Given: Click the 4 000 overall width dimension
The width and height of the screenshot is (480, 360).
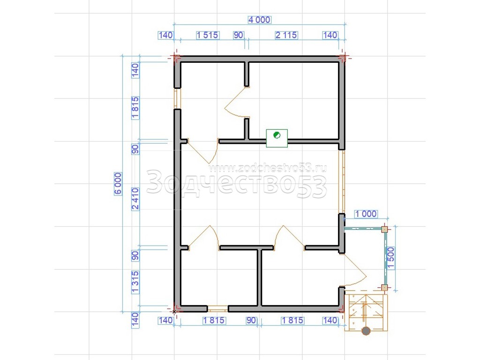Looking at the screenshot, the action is pos(259,20).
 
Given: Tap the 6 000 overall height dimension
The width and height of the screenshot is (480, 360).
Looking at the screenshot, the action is pos(118,184).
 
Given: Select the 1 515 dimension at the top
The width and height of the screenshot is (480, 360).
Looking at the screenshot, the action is pos(207,35).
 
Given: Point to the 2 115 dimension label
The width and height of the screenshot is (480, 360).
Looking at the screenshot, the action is pos(286,35).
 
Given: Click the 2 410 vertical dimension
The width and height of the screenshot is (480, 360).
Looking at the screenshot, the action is pos(135,199).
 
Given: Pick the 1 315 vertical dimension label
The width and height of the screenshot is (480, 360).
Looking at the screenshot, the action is pos(135,282).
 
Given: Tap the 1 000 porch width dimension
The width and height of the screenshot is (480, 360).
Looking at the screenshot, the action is pos(366,214).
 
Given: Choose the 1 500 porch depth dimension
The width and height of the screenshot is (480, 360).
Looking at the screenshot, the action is pos(391,258).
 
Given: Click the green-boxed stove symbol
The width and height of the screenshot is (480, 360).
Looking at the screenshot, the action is pos(277,138).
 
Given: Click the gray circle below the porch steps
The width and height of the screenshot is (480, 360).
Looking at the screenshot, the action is pos(366,331).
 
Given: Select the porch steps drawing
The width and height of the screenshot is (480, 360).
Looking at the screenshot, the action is pos(366,313).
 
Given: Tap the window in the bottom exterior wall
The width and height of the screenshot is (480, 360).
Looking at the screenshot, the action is pos(217,308).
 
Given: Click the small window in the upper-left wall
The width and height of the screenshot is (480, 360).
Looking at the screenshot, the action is pos(177,98).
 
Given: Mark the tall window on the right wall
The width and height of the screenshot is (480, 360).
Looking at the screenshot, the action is pos(342,181).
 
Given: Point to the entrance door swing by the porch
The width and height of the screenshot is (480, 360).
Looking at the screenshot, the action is pos(355,270).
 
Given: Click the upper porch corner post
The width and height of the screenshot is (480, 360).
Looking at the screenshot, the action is pos(384,229).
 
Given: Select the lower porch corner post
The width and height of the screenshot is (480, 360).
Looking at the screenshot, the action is pos(384,287).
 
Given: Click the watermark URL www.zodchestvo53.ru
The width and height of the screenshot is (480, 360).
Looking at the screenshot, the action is pos(268,168).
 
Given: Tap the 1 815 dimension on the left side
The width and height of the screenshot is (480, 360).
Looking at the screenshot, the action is pos(135,108).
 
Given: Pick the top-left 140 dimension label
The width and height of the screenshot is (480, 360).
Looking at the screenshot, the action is pos(165,35).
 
